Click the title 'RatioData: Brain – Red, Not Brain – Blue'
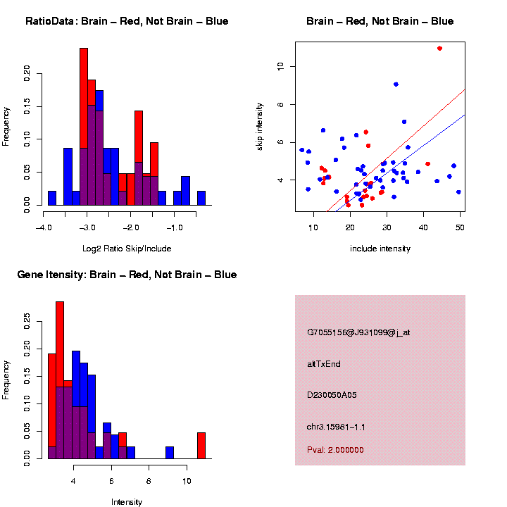pyautogui.click(x=127, y=21)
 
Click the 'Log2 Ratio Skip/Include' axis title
pyautogui.click(x=127, y=249)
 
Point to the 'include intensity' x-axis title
pyautogui.click(x=380, y=249)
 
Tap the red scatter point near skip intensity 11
pyautogui.click(x=439, y=49)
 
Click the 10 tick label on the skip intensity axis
pyautogui.click(x=280, y=66)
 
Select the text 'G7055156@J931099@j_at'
pyautogui.click(x=358, y=332)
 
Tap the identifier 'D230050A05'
pyautogui.click(x=332, y=395)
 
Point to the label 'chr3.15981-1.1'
pyautogui.click(x=336, y=427)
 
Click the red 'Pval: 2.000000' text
pyautogui.click(x=335, y=450)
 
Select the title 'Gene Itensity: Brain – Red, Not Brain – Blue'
pyautogui.click(x=127, y=275)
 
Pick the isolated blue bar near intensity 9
pyautogui.click(x=170, y=453)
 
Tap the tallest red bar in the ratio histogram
pyautogui.click(x=84, y=127)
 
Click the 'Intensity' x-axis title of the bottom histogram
pyautogui.click(x=127, y=502)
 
